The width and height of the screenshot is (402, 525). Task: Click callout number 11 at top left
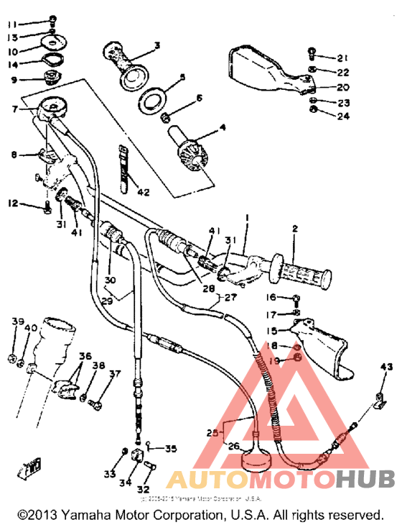[13, 24]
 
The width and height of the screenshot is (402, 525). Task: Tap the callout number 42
[143, 192]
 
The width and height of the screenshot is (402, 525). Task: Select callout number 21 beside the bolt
[342, 58]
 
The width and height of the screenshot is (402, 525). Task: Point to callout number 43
[387, 368]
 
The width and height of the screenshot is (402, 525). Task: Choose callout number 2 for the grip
[294, 229]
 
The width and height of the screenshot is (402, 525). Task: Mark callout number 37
[115, 374]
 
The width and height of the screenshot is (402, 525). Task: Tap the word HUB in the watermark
[364, 479]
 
